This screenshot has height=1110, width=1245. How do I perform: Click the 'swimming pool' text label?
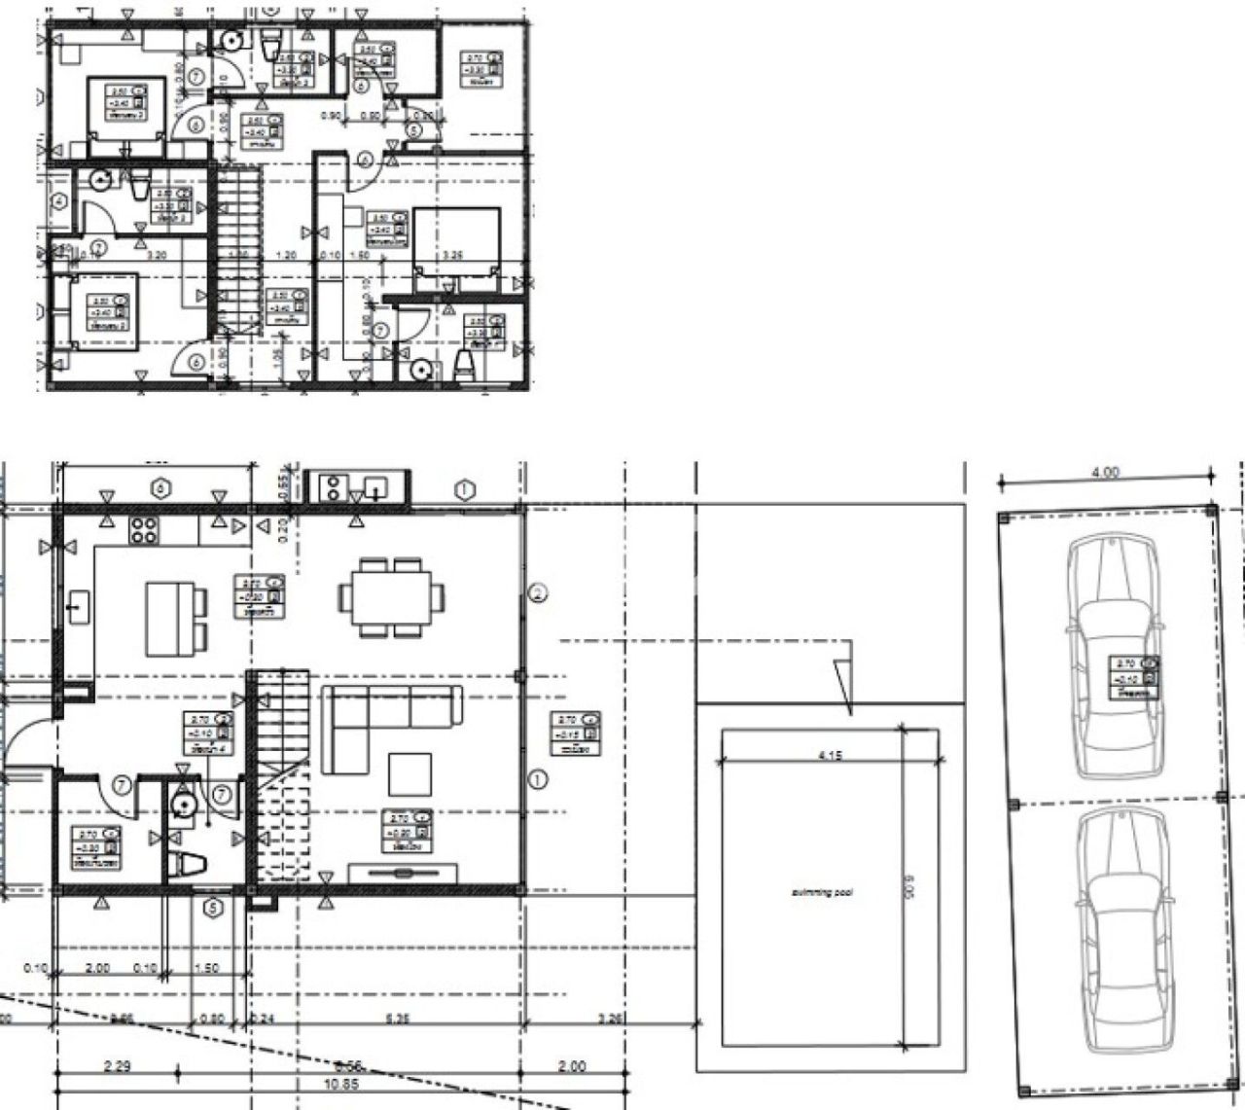(x=822, y=892)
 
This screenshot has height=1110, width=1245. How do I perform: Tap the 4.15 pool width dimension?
(x=829, y=754)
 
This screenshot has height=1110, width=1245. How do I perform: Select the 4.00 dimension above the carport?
(x=1106, y=473)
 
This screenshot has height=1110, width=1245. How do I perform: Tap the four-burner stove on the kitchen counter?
(x=145, y=530)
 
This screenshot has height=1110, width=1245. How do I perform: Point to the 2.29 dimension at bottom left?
(x=119, y=1066)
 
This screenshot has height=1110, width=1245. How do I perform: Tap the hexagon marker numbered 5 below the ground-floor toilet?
(x=213, y=909)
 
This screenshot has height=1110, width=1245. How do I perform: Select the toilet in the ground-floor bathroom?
(x=189, y=863)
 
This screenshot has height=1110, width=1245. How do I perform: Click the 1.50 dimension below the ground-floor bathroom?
(x=207, y=969)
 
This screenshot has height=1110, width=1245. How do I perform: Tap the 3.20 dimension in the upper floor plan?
(x=156, y=256)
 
